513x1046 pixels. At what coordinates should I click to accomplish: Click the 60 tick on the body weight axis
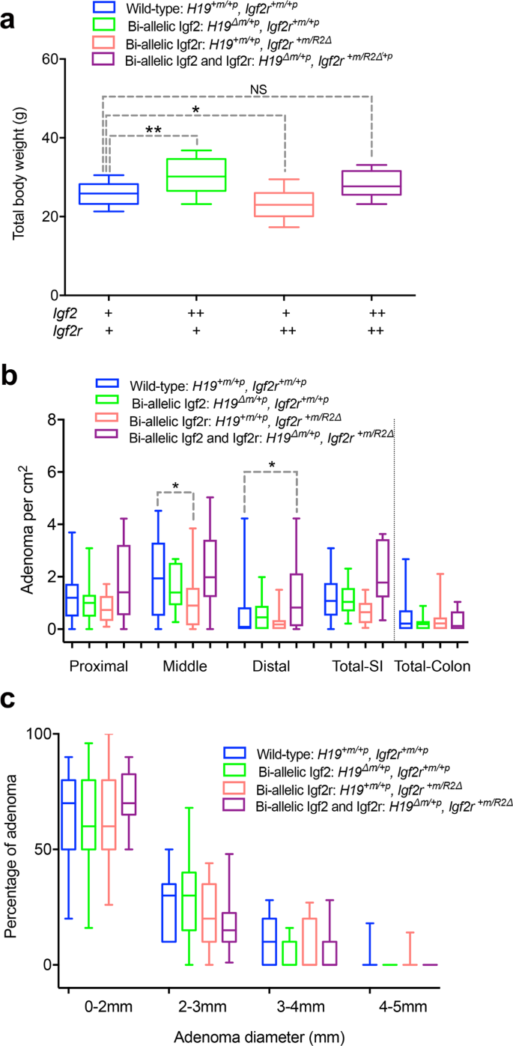pyautogui.click(x=50, y=59)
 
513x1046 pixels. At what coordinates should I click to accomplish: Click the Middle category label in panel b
pyautogui.click(x=184, y=665)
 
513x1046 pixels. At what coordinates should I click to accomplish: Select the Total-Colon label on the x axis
pyautogui.click(x=432, y=665)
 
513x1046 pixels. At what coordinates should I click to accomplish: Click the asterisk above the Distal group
pyautogui.click(x=271, y=465)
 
